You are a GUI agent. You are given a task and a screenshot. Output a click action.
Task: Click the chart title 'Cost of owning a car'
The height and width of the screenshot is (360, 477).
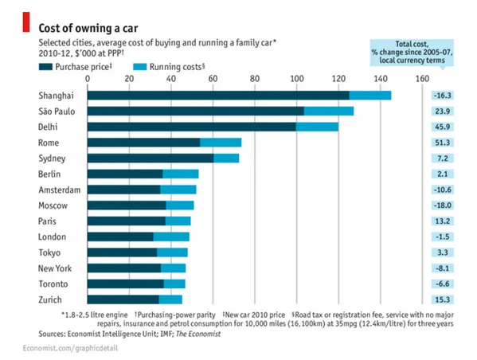[x=88, y=28]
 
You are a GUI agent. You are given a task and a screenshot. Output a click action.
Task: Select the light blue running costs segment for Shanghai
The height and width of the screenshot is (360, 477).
[x=370, y=96]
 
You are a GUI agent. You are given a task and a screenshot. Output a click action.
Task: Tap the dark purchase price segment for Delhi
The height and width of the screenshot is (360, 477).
[x=192, y=127]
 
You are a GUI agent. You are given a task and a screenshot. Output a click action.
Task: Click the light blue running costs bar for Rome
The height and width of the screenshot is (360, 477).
[x=221, y=143]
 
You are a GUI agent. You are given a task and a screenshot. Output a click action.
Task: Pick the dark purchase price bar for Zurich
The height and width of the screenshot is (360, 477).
[x=123, y=299]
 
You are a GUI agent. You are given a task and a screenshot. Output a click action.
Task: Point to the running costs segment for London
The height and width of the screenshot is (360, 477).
[x=171, y=237]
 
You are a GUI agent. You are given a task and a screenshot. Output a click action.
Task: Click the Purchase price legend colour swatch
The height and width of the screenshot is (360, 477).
[x=45, y=67]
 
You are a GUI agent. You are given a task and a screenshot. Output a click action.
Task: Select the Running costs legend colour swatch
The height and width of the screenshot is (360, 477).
[x=140, y=67]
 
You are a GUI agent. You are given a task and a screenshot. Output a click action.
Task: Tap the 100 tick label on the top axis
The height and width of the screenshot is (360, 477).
[x=296, y=79]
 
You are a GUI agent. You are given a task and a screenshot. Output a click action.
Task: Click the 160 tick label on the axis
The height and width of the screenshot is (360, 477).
[x=422, y=79]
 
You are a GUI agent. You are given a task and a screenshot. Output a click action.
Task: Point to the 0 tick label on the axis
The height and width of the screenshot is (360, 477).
[x=88, y=79]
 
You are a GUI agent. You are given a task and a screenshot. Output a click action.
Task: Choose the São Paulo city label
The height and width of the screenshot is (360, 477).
[x=57, y=111]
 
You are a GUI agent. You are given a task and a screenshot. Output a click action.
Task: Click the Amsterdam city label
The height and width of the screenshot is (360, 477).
[x=60, y=190]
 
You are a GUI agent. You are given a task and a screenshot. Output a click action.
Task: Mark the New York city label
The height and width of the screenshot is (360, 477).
[x=55, y=268]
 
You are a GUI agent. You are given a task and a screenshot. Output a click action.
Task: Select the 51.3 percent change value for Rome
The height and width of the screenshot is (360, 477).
[x=442, y=143]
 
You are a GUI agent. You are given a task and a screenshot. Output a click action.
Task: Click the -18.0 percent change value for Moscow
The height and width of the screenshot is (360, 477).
[x=442, y=205]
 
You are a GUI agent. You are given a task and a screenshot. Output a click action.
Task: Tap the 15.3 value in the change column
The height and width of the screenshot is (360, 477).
[x=442, y=299]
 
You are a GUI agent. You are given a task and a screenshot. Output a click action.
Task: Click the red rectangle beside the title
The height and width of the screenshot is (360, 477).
[x=26, y=22]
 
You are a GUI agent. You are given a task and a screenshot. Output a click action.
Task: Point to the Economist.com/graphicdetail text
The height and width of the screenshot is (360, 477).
[x=70, y=348]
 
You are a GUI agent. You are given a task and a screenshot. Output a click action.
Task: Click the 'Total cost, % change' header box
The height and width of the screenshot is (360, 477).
[x=412, y=53]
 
